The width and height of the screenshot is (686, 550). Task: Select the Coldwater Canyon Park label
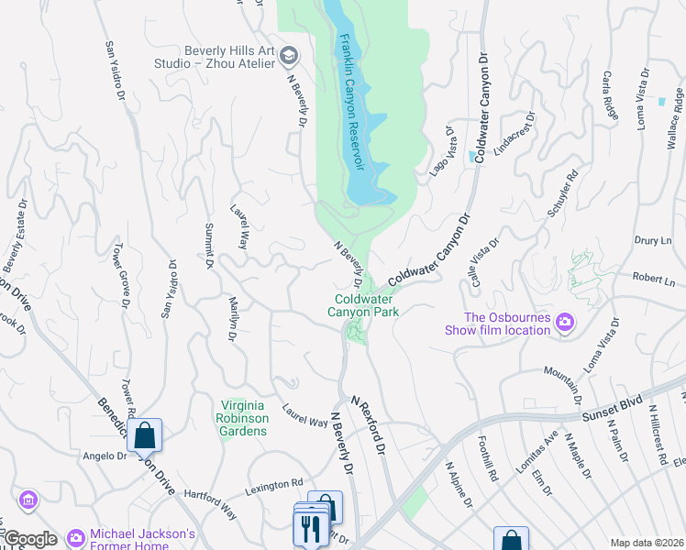pos(367,305)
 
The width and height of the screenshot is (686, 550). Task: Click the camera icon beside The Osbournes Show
pos(565,323)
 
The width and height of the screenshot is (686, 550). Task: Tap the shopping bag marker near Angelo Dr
pos(145,435)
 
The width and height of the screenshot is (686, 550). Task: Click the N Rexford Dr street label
pos(371,421)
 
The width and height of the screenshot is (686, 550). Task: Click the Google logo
pos(29,539)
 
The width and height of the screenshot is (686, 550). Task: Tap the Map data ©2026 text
pos(647,543)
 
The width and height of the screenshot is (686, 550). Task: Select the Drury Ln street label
pos(652,240)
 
